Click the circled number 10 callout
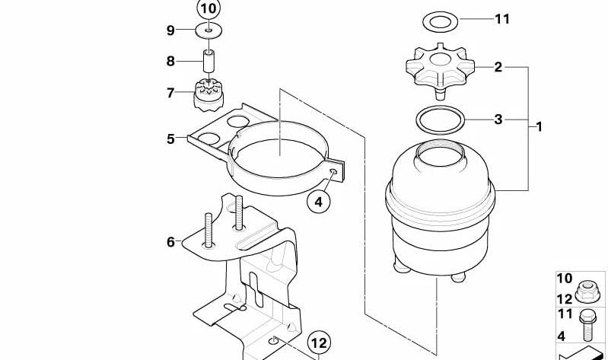(x=208, y=9)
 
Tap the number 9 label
(x=170, y=30)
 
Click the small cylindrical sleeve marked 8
(x=208, y=59)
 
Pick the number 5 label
(x=170, y=139)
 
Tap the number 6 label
(x=170, y=242)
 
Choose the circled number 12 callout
(x=320, y=342)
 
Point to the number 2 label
(x=498, y=67)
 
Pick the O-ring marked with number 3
(x=440, y=119)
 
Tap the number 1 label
(x=539, y=126)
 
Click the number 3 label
(x=498, y=119)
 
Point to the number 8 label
(x=170, y=60)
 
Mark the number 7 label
(x=170, y=94)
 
